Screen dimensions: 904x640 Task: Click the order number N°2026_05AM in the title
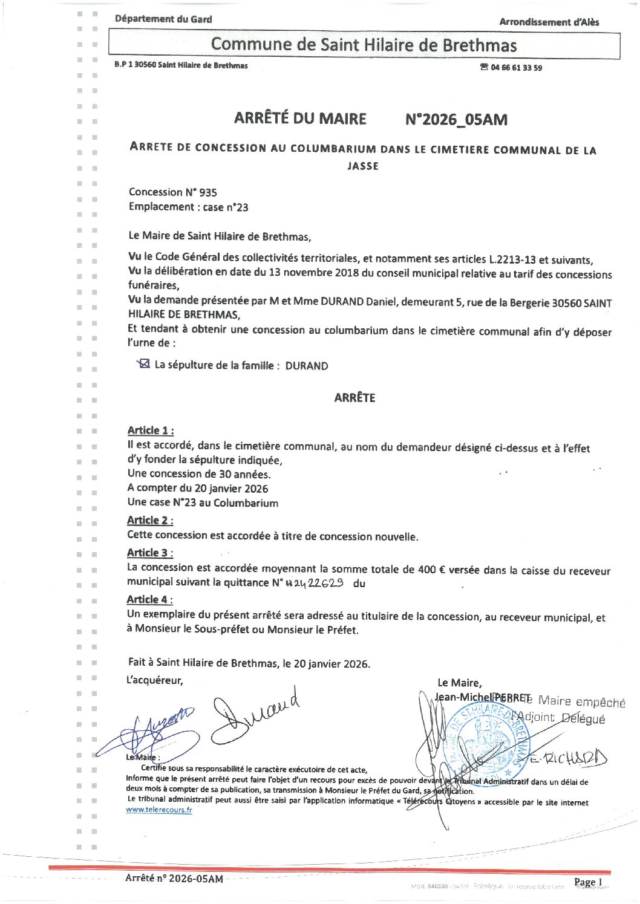[456, 119]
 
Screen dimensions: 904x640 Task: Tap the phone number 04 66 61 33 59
[516, 68]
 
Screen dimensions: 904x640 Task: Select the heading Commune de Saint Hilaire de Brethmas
[364, 45]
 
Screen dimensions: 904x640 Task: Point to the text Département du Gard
[163, 19]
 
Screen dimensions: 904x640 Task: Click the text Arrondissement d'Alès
[549, 22]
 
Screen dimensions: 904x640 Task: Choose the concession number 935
[207, 192]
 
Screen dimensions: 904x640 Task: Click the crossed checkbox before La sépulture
[144, 364]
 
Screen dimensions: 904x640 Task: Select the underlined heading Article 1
[151, 431]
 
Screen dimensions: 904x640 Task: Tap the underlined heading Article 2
[150, 520]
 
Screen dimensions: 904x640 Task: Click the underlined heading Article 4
[150, 599]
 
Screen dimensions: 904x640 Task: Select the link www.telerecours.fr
[159, 810]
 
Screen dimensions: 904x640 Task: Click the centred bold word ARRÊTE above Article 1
[354, 397]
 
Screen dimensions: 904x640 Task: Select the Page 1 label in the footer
[588, 882]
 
